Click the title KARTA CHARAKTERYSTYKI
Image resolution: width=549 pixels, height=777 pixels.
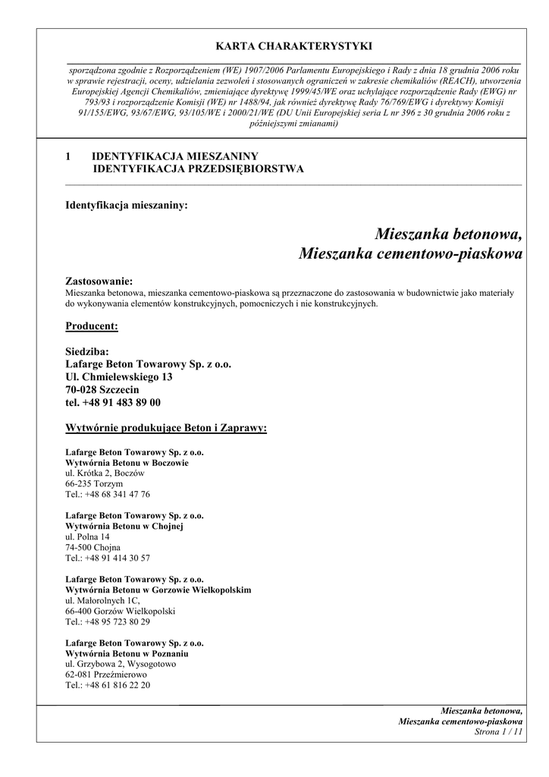pos(294,46)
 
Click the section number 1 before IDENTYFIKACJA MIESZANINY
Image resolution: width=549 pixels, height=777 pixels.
pos(68,156)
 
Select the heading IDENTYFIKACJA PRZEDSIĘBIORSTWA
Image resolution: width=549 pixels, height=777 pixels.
pos(198,169)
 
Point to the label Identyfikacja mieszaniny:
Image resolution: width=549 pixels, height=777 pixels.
pos(127,205)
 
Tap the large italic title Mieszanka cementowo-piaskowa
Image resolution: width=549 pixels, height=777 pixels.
pos(410,253)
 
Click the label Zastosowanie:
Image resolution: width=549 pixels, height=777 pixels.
pos(99,282)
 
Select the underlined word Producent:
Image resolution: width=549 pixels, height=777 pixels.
pos(92,326)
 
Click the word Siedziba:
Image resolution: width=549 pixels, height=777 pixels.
pos(87,351)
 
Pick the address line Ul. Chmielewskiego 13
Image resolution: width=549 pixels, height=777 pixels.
pos(119,377)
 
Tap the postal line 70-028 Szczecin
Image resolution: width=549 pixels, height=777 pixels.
pos(102,390)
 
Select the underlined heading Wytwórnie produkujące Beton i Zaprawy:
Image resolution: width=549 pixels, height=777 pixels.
pos(166,428)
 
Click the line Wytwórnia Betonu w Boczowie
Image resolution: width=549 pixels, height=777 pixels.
pos(127,462)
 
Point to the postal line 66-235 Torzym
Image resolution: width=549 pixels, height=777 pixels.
pos(94,483)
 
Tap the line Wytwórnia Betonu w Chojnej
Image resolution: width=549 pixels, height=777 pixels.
pos(124,526)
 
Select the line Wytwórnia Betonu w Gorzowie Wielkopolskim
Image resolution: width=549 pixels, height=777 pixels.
pos(158,590)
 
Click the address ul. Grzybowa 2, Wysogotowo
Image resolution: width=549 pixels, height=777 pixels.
pos(121,664)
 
